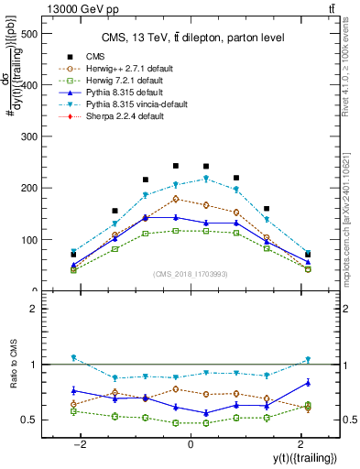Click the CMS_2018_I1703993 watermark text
[190, 274]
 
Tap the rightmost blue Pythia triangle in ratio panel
[308, 382]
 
